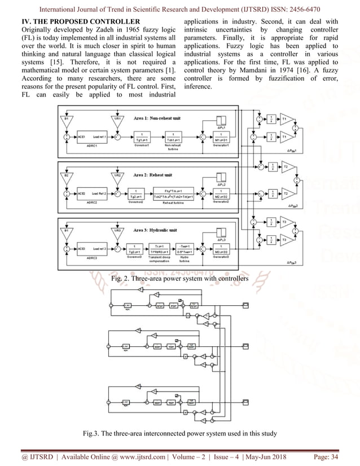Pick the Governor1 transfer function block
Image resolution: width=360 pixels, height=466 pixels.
click(136, 137)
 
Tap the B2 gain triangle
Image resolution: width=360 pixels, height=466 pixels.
click(67, 177)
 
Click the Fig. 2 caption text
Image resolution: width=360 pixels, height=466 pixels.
click(179, 279)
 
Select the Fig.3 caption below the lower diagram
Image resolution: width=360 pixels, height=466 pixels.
click(180, 433)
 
